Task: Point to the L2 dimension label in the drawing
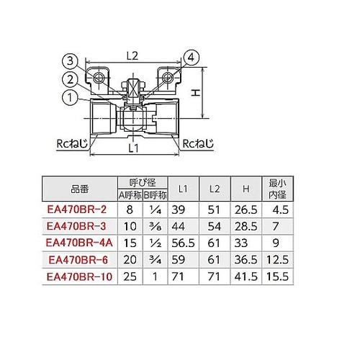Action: tap(131, 54)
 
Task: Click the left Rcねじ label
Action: tap(72, 144)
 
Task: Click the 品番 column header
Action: tap(79, 189)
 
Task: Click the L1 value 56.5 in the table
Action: tap(183, 243)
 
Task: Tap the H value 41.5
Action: tap(246, 275)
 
